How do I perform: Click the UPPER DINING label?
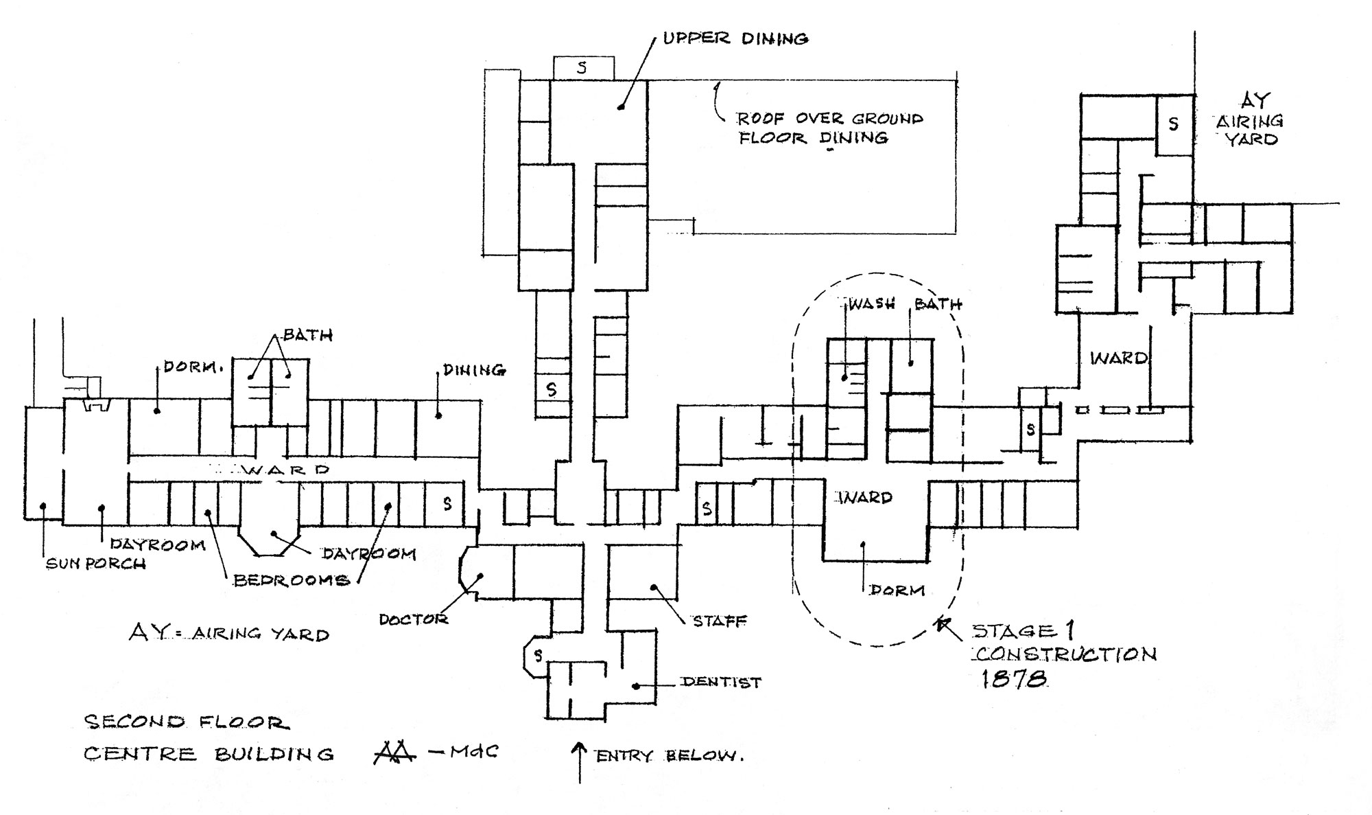point(735,38)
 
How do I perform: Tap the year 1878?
point(1013,679)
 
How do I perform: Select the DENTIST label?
point(720,682)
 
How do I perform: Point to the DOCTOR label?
point(414,619)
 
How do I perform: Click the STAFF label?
point(720,621)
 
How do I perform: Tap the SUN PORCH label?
point(95,564)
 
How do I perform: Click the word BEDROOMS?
point(292,581)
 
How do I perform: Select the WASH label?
point(872,304)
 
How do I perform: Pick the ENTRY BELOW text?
point(669,757)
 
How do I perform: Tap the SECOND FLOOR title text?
point(186,722)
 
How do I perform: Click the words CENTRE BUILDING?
point(209,754)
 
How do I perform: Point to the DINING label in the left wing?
point(473,370)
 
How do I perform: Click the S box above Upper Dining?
point(583,68)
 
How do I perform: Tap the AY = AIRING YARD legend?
point(229,633)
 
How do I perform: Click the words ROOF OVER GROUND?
point(830,119)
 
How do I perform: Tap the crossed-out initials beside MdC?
point(394,753)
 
